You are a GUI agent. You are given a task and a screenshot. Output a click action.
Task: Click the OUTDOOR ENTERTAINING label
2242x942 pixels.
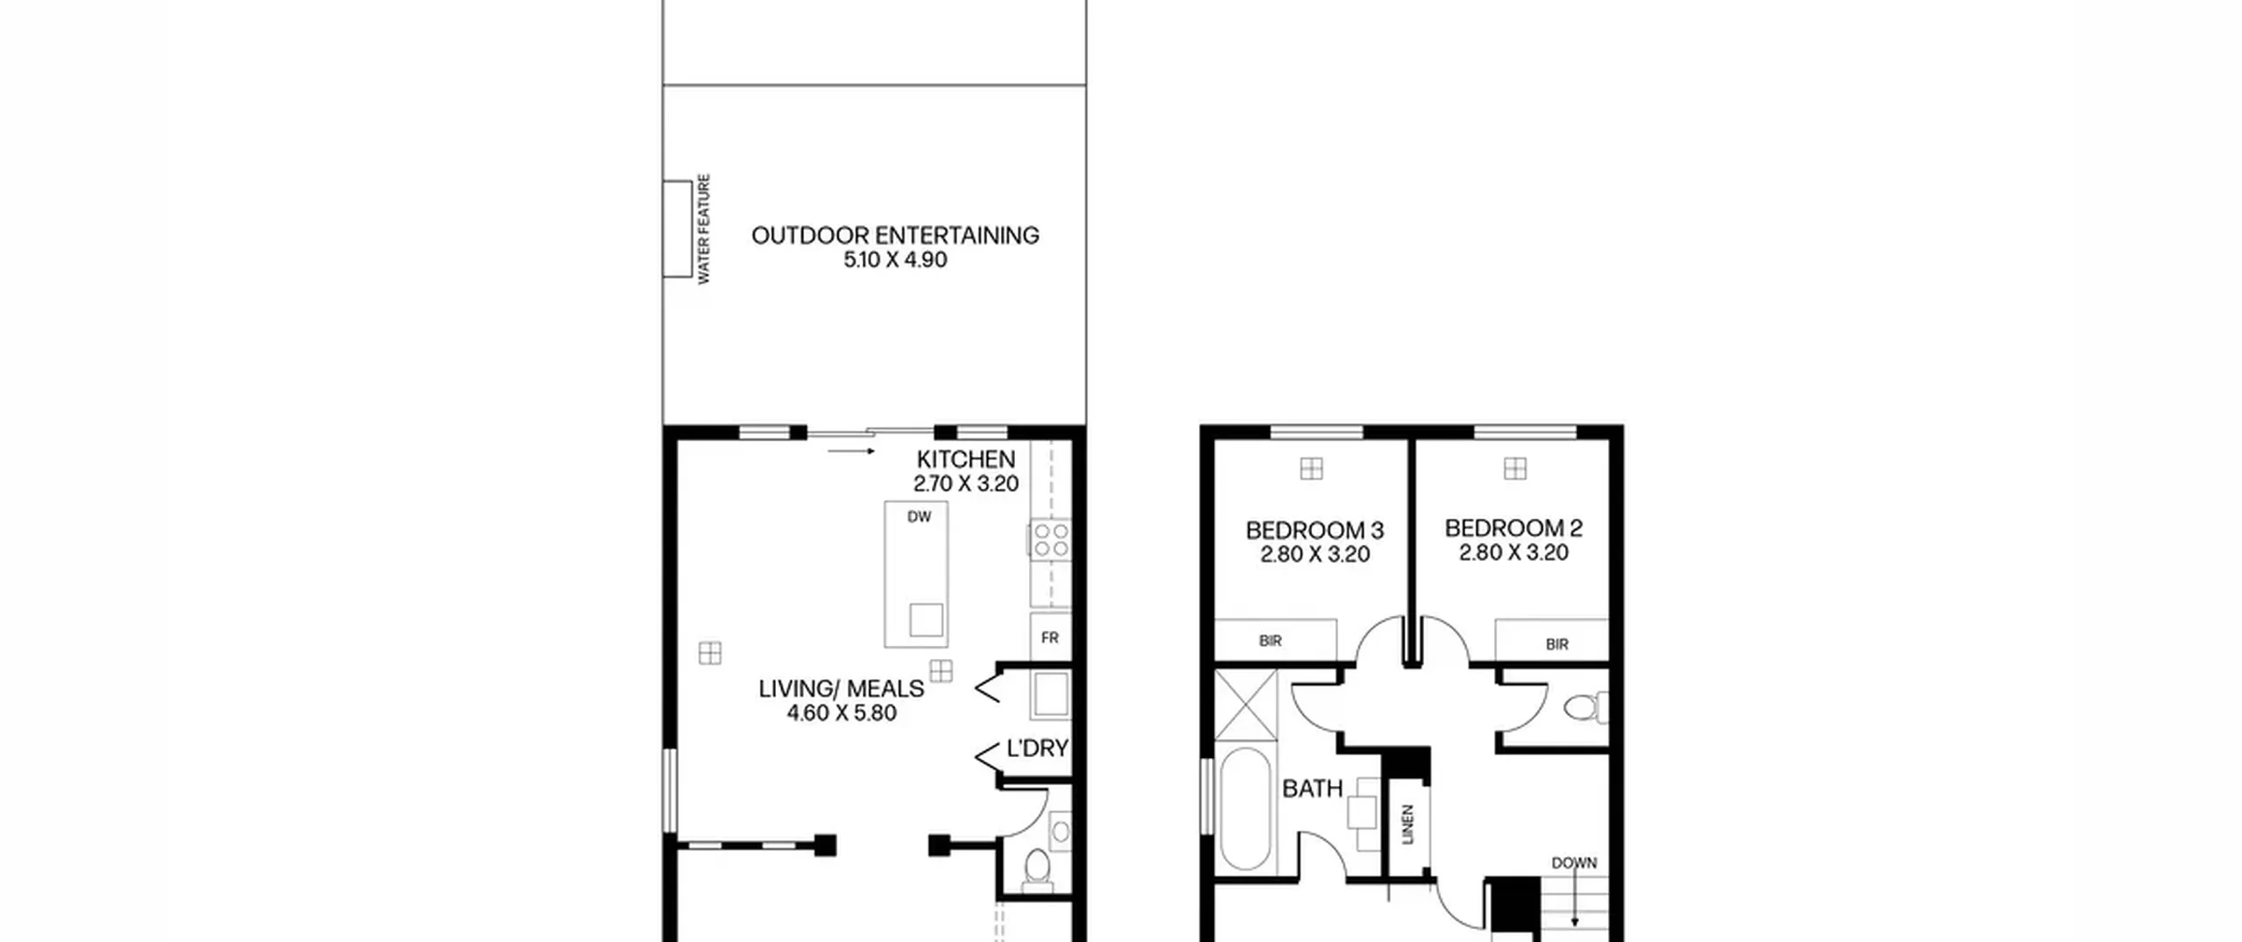[x=895, y=235]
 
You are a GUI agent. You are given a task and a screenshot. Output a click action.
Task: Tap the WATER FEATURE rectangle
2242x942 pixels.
[x=677, y=229]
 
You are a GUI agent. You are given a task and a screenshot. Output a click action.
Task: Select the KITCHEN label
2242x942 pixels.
[x=966, y=459]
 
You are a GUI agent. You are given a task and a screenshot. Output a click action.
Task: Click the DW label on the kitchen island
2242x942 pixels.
[x=919, y=517]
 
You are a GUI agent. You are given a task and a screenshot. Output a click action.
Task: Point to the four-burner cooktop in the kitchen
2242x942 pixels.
[x=1050, y=539]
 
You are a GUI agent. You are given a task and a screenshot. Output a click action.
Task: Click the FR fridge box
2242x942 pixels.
[x=1050, y=638]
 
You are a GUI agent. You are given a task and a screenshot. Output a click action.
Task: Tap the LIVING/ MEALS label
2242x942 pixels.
[x=842, y=689]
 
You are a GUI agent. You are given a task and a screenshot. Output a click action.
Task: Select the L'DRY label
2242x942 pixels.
[x=1037, y=748]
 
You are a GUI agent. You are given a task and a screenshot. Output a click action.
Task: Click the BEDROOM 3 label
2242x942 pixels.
[x=1315, y=530]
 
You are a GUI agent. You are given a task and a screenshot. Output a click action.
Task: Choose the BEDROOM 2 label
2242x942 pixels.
[x=1513, y=528]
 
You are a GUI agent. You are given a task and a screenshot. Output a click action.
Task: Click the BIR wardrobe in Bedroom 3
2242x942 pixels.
[x=1275, y=640]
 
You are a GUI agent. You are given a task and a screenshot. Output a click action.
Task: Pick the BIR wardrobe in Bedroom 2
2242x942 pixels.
[x=1552, y=640]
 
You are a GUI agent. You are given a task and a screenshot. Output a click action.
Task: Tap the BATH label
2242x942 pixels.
[x=1312, y=789]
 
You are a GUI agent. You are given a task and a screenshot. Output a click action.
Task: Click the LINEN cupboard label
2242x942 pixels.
[x=1408, y=824]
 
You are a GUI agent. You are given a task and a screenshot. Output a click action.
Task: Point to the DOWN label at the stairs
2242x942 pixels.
[x=1574, y=863]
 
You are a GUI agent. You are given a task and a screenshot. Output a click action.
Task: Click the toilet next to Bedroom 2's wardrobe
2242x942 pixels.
[x=1586, y=707]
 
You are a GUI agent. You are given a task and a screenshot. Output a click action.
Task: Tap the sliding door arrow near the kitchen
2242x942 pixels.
[x=851, y=451]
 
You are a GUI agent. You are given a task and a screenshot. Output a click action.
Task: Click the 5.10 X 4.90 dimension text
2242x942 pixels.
[x=895, y=259]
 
